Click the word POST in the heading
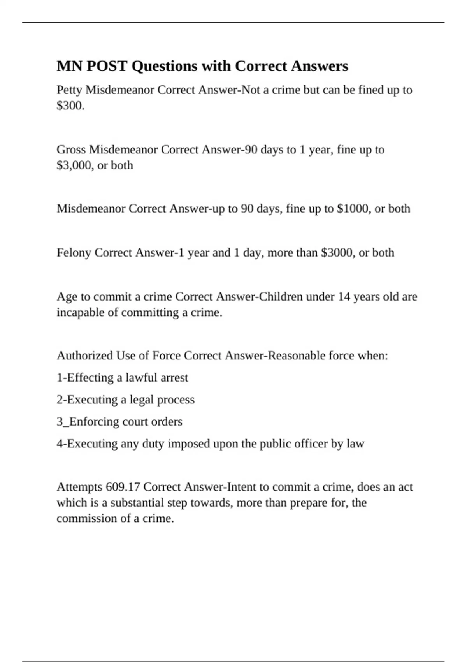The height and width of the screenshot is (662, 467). (107, 66)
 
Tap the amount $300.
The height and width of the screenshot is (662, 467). (70, 106)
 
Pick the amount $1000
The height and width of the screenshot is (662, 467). (353, 209)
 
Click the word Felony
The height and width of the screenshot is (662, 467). (74, 253)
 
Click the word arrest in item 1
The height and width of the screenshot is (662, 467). (173, 378)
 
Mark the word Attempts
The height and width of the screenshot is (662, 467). (79, 487)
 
